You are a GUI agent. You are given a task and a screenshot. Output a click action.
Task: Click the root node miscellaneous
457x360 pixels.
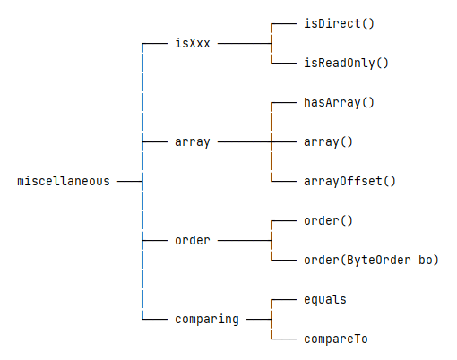click(x=64, y=181)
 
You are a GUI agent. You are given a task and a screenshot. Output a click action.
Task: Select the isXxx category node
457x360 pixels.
click(x=193, y=43)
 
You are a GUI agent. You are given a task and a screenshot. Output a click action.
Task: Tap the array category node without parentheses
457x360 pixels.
click(x=193, y=142)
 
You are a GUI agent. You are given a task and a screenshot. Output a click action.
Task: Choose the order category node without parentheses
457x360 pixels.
click(x=193, y=240)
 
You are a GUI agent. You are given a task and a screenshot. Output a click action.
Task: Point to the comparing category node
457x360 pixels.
click(x=207, y=320)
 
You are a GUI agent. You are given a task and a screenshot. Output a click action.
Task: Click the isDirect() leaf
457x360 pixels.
click(x=339, y=23)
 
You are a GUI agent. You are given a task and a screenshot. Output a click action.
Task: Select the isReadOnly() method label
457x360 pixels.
click(x=346, y=63)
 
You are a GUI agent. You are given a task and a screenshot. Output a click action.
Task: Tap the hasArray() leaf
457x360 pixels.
click(x=339, y=102)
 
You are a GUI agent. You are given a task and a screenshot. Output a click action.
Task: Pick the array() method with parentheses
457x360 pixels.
click(x=328, y=142)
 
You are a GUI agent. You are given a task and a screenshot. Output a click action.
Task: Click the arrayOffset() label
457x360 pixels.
click(x=349, y=181)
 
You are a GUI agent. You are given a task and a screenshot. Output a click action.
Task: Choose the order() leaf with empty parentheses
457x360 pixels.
click(x=328, y=221)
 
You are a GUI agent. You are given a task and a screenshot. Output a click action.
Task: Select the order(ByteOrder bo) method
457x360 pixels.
click(x=371, y=261)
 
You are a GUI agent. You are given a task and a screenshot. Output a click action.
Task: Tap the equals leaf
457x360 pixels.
click(x=325, y=300)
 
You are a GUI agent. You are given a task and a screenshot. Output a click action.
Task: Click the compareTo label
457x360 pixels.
click(x=336, y=339)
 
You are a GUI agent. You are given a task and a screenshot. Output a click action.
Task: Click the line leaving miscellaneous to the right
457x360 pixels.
click(x=130, y=181)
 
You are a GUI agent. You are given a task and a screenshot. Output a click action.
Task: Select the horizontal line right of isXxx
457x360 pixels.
click(x=245, y=44)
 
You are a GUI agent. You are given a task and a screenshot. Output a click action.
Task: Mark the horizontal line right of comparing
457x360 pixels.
click(x=259, y=320)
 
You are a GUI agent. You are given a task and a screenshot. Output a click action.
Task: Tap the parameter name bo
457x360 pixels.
click(x=425, y=260)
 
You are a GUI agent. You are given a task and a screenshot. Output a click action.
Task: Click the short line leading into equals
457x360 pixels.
click(x=284, y=300)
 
